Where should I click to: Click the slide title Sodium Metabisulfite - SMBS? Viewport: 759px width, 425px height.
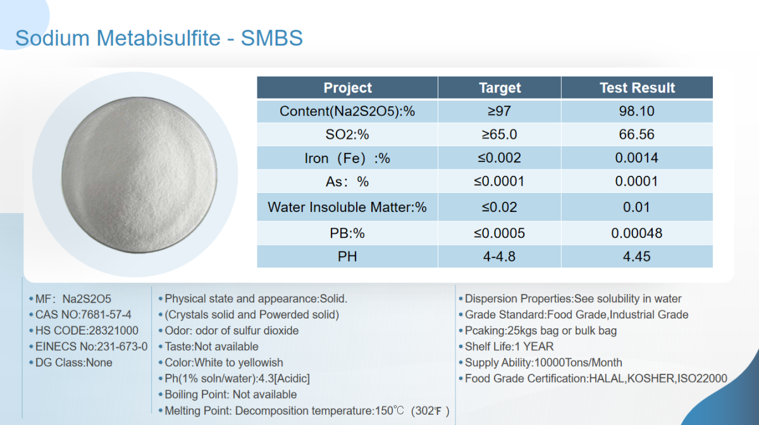[159, 37]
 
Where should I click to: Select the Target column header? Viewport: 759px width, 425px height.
[500, 88]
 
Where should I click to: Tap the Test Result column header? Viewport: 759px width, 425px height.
[637, 88]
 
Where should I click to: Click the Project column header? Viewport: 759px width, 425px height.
[348, 88]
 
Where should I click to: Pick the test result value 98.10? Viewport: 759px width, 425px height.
[637, 111]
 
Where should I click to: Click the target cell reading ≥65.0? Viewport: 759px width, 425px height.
[500, 135]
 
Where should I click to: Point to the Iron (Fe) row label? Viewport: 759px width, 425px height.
[347, 158]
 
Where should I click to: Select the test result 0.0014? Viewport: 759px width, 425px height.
[637, 158]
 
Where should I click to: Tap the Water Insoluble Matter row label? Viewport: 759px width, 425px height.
[347, 207]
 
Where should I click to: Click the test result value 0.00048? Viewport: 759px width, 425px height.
[637, 233]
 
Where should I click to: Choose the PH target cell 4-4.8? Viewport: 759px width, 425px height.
[500, 257]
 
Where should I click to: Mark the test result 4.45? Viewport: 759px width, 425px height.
[637, 257]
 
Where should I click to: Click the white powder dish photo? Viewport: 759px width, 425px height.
[139, 175]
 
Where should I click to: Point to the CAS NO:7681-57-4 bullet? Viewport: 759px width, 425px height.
[80, 315]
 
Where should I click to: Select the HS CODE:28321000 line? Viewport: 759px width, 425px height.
[83, 331]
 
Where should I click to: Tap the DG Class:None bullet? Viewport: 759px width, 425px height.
[71, 362]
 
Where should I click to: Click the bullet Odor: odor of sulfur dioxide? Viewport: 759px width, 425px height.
[229, 331]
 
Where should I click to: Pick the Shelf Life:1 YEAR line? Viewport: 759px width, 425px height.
[506, 347]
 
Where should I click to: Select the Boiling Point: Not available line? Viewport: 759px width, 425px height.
[228, 395]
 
